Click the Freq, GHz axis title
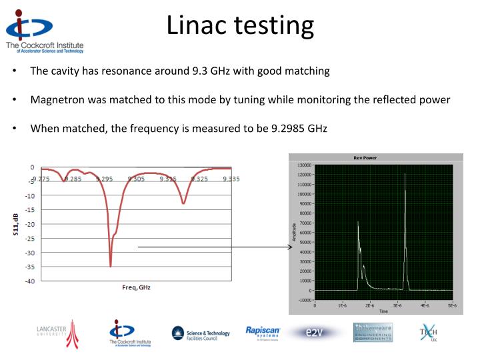coord(135,288)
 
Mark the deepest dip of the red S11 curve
coord(111,265)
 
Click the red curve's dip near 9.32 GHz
coord(183,203)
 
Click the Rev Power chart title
coord(375,158)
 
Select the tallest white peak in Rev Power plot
coord(405,175)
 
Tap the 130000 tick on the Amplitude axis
coord(303,165)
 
